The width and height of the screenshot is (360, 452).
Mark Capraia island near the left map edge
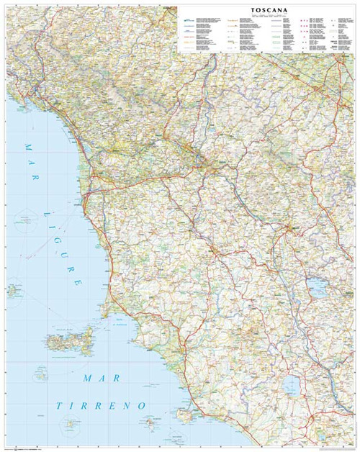(13, 291)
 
